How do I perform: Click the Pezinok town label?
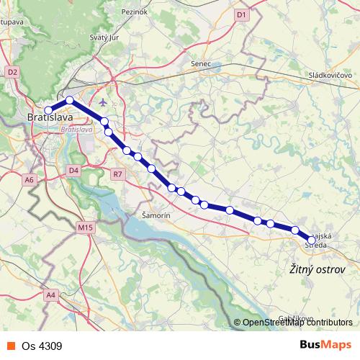click(x=135, y=12)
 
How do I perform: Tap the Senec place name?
click(x=201, y=64)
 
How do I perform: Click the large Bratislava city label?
click(x=49, y=117)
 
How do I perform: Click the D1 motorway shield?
click(x=241, y=14)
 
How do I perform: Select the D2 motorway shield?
click(x=12, y=72)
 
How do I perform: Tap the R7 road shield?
click(x=118, y=174)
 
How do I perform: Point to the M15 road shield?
click(x=86, y=228)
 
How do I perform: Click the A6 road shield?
click(x=29, y=179)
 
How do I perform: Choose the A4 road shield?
click(x=50, y=294)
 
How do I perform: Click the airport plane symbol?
click(x=107, y=102)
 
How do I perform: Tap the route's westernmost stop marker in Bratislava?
click(x=48, y=111)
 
